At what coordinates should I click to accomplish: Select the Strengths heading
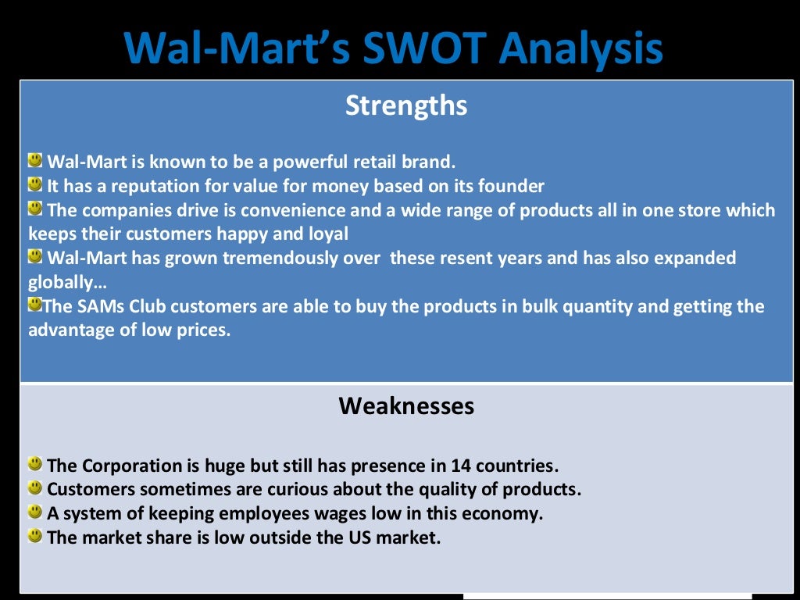406,105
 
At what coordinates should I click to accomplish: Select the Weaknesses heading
406,406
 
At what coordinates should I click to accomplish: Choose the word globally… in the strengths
67,282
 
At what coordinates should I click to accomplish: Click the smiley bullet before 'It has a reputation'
35,184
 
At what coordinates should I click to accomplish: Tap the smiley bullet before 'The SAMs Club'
35,304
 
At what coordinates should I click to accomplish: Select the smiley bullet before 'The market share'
35,535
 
